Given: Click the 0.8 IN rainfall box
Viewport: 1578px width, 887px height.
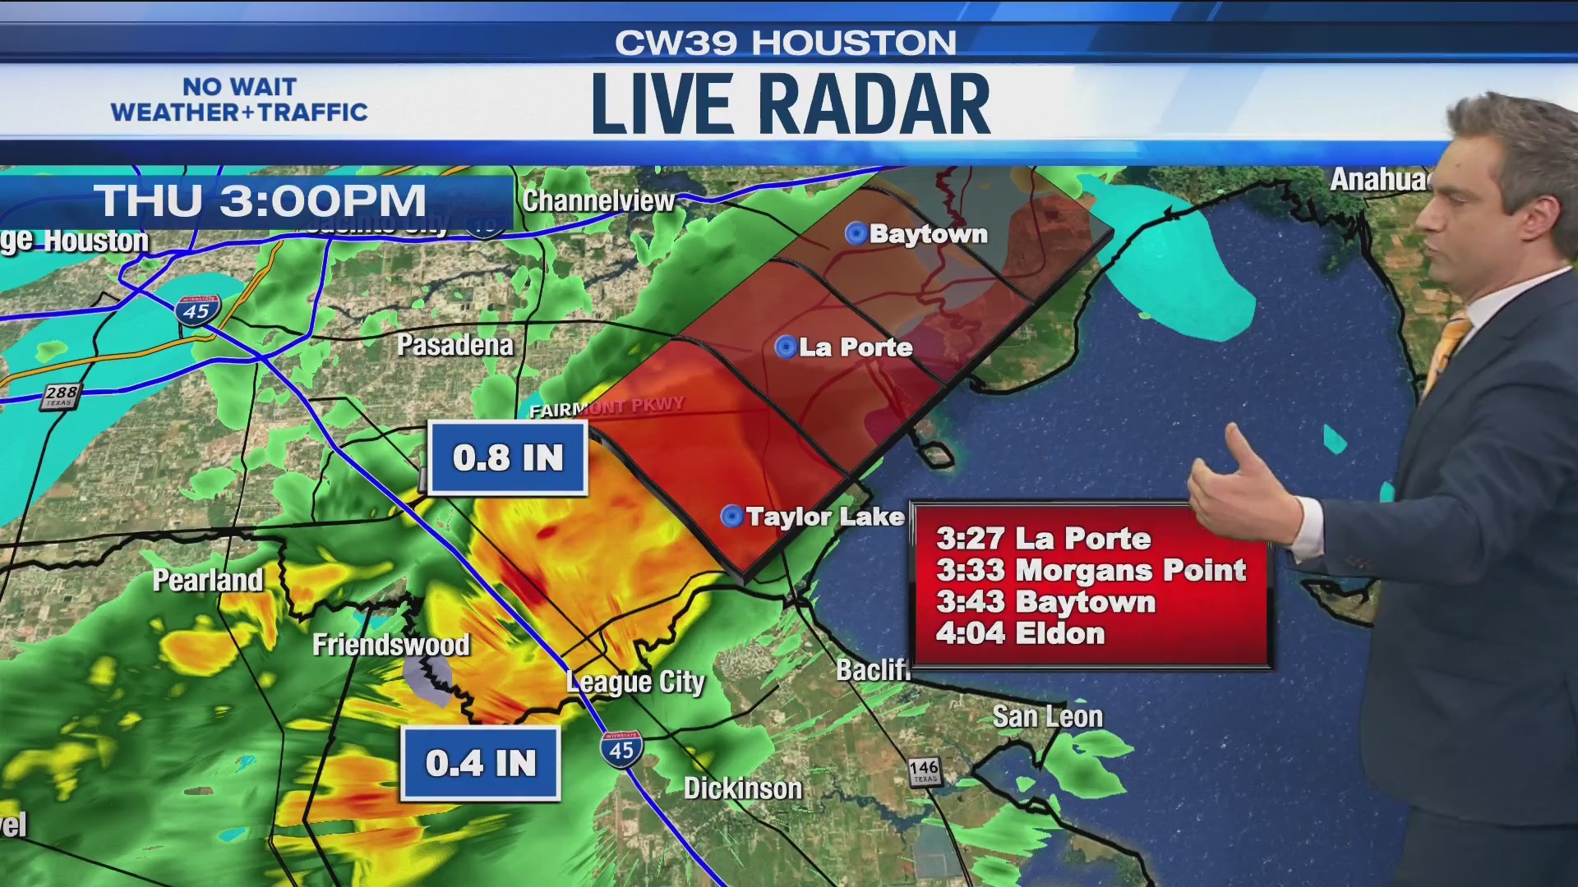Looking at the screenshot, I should pyautogui.click(x=507, y=458).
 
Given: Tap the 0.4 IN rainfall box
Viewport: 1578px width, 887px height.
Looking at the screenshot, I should pyautogui.click(x=481, y=763).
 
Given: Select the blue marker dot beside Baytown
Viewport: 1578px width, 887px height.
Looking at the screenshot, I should pyautogui.click(x=856, y=234).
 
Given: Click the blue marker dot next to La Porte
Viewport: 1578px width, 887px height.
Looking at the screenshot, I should pyautogui.click(x=786, y=347).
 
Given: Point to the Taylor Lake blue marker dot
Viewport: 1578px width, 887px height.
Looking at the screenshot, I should pyautogui.click(x=731, y=516).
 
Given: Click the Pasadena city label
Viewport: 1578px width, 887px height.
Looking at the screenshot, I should pyautogui.click(x=454, y=345).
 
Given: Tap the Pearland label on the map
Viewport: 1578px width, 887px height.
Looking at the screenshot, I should pyautogui.click(x=208, y=580).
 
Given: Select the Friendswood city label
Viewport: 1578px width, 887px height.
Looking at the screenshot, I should pyautogui.click(x=390, y=645).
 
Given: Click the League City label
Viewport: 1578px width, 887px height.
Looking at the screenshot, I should pyautogui.click(x=635, y=682).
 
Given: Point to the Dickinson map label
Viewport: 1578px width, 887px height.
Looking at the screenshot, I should pyautogui.click(x=743, y=788).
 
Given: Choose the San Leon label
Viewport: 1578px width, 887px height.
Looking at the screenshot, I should pyautogui.click(x=1047, y=716).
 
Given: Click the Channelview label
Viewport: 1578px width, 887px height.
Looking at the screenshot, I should pyautogui.click(x=598, y=200).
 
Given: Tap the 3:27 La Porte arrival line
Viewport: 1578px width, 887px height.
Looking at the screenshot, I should pyautogui.click(x=1043, y=539).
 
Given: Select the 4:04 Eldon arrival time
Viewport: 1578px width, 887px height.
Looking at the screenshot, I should pyautogui.click(x=1020, y=633).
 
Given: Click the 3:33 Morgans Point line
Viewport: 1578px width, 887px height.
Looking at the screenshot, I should pyautogui.click(x=1091, y=570).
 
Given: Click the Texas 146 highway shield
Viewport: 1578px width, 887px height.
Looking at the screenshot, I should pyautogui.click(x=925, y=770).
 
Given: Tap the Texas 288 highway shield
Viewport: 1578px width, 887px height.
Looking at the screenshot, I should pyautogui.click(x=61, y=396).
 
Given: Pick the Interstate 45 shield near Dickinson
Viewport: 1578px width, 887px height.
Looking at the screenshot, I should pyautogui.click(x=621, y=748).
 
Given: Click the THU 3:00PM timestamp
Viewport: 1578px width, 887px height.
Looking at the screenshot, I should pyautogui.click(x=260, y=201).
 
